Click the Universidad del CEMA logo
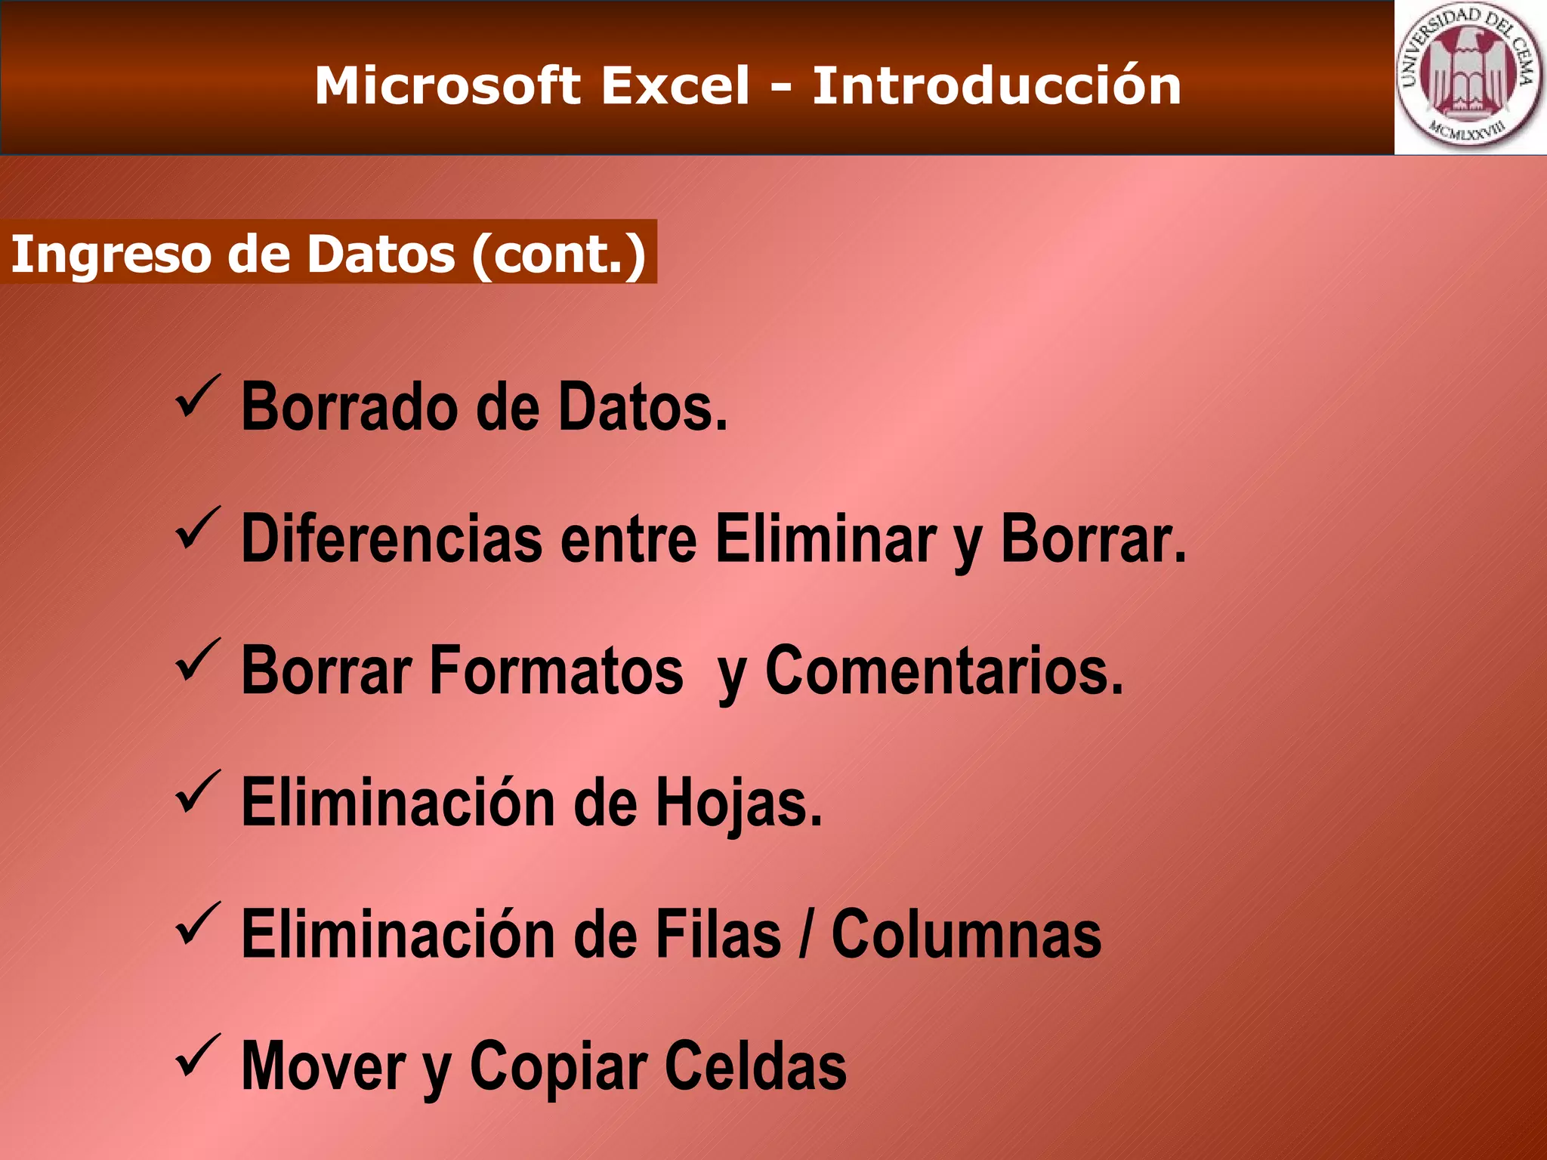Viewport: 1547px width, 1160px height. coord(1469,77)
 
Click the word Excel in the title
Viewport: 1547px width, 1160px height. coord(675,85)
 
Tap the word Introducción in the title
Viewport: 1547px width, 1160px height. coord(996,85)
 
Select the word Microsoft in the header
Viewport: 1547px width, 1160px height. coord(447,85)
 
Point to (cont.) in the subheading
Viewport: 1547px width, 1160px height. coord(558,254)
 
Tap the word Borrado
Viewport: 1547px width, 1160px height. coord(349,408)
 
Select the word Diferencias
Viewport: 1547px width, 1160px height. coord(391,539)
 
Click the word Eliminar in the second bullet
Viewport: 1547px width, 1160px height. coord(825,539)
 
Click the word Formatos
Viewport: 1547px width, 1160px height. coord(556,671)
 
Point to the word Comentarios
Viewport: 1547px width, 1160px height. coord(944,671)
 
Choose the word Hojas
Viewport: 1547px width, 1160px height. coord(738,802)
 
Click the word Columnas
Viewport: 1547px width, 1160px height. coord(966,935)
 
